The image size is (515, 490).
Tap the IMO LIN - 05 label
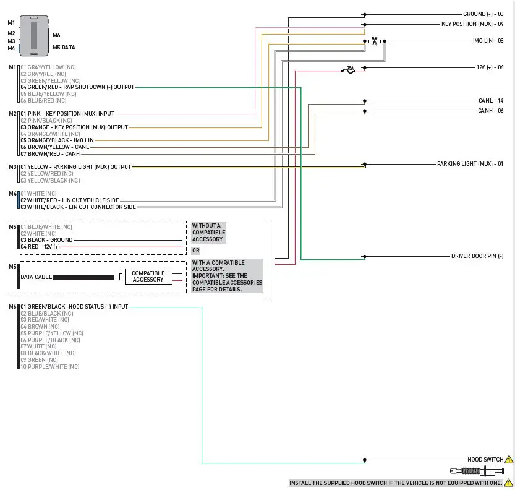click(488, 41)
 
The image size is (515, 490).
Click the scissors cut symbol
click(374, 41)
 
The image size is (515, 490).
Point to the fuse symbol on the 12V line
click(349, 70)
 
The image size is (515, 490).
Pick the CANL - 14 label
click(491, 100)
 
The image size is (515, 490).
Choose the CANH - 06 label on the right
click(491, 111)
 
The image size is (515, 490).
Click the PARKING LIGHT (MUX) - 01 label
click(470, 164)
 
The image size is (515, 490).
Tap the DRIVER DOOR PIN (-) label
click(477, 256)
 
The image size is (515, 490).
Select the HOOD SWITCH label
click(485, 460)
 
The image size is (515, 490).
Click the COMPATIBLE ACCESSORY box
click(148, 277)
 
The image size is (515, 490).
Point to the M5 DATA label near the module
click(64, 47)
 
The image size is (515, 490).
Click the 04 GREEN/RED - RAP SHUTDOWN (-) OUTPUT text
click(77, 87)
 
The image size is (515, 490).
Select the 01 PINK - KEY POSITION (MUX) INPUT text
click(67, 114)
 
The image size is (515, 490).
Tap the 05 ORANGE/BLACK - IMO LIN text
click(57, 140)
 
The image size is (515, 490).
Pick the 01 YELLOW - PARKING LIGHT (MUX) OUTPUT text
click(76, 166)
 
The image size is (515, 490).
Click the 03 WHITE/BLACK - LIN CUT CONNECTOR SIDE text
click(78, 207)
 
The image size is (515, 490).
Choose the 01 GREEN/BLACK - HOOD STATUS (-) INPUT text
click(74, 307)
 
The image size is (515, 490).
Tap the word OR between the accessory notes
click(195, 251)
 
